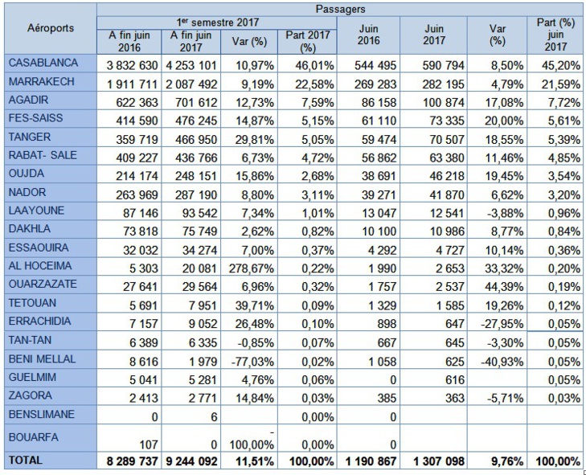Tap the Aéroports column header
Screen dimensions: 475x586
[50, 28]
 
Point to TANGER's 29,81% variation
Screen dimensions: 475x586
[252, 137]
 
